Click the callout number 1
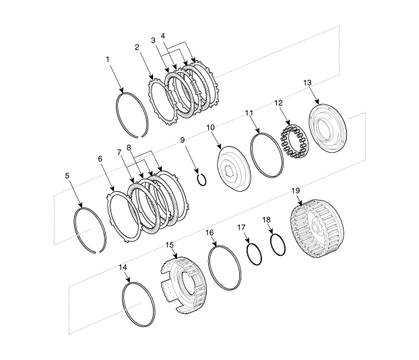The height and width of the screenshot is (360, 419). coord(108,59)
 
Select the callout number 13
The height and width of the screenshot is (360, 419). coord(308,83)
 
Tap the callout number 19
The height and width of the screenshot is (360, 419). coord(296,191)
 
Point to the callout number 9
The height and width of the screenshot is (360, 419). coord(183,140)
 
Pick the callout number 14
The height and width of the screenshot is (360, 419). coord(123,267)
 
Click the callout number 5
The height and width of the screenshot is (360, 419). coord(67,176)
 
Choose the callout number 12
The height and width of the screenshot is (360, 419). coord(278,103)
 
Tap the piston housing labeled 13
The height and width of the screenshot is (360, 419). coord(327,128)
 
